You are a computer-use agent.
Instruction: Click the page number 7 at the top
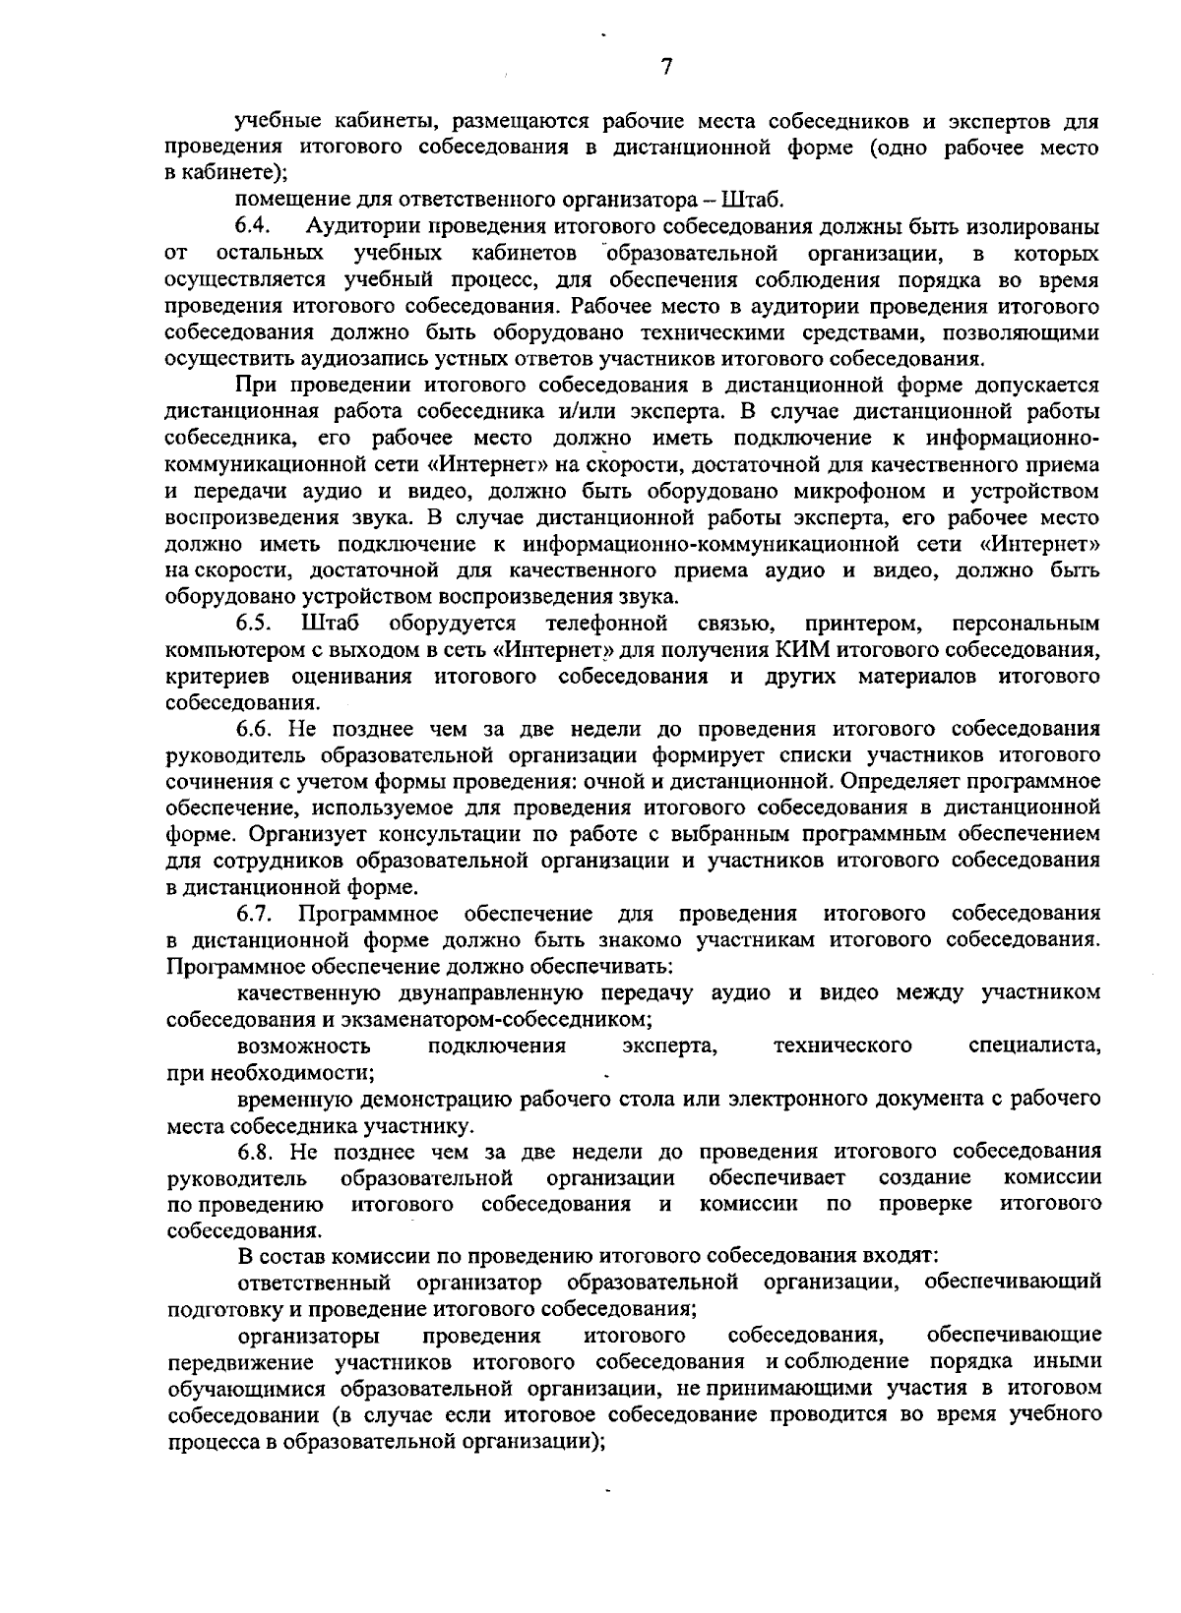(x=666, y=67)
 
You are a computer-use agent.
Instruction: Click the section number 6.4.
(x=253, y=227)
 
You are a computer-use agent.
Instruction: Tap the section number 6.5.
(x=253, y=624)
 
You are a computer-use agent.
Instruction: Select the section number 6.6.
(x=253, y=729)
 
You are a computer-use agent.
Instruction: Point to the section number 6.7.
(x=253, y=914)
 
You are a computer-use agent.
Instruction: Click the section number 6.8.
(x=253, y=1151)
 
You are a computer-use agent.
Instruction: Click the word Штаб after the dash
(x=753, y=201)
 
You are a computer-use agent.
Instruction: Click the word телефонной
(x=607, y=624)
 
